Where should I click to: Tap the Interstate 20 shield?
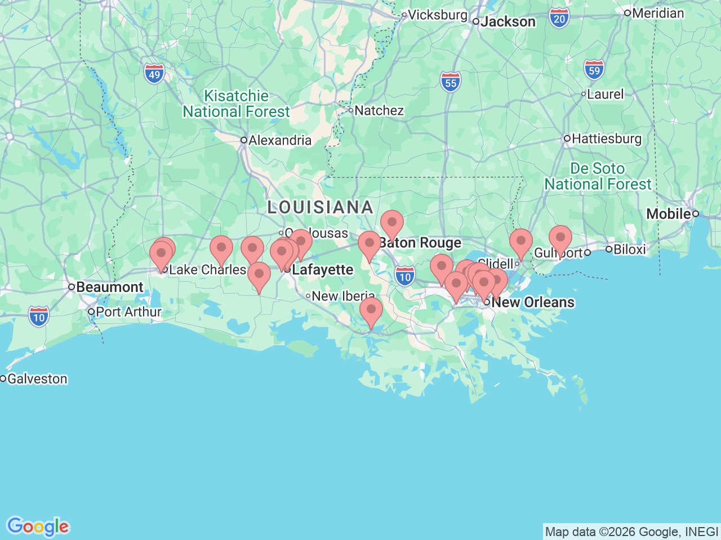pos(559,19)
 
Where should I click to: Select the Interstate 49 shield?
pos(154,74)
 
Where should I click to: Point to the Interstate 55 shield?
pos(451,83)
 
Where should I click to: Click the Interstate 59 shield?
pos(594,70)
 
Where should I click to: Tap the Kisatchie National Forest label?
pos(237,104)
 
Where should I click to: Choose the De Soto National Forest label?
pos(598,176)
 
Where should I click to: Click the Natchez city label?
pos(379,110)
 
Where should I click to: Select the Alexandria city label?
pos(279,140)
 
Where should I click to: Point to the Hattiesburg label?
pos(606,138)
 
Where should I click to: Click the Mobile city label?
pos(669,214)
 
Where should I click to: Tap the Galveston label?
pos(37,379)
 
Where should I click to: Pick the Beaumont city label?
pos(109,287)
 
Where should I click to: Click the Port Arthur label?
pos(128,312)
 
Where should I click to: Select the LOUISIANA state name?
pos(320,207)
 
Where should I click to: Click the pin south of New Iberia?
pos(371,310)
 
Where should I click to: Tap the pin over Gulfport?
pos(560,238)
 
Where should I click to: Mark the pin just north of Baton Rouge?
pos(392,223)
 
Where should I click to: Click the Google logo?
pos(38,526)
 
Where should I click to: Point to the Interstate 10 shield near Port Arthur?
pos(38,317)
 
